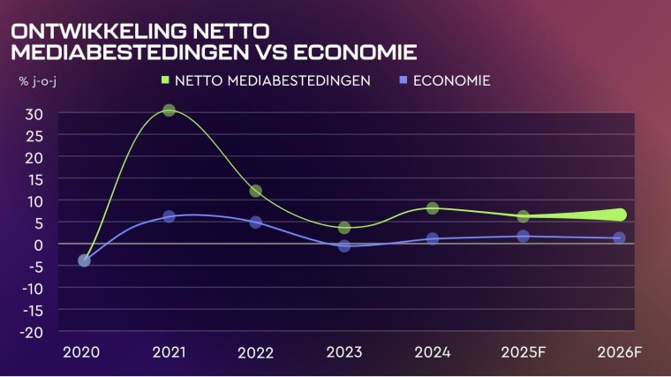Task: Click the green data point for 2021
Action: point(169,110)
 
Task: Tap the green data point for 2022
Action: point(255,191)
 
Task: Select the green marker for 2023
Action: point(344,228)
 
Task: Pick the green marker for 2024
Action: point(433,208)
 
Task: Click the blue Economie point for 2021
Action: point(169,216)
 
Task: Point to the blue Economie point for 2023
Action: point(344,245)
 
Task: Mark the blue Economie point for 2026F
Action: point(619,238)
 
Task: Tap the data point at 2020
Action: point(84,260)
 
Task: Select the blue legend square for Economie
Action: point(402,81)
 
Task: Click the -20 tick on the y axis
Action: point(32,331)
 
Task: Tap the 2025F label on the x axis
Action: point(523,352)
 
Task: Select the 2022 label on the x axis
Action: point(255,352)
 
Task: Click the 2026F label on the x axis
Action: point(618,352)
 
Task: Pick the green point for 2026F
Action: point(619,215)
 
